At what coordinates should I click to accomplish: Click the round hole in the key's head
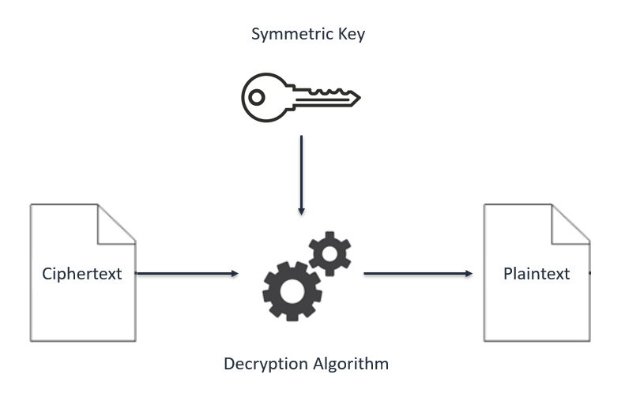257,98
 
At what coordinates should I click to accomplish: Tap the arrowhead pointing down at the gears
300,211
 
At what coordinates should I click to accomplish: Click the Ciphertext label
82,274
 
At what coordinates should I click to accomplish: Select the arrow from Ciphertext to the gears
186,274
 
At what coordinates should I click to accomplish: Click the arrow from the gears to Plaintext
417,274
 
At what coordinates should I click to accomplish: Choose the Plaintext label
537,274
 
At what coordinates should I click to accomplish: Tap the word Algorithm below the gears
349,364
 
